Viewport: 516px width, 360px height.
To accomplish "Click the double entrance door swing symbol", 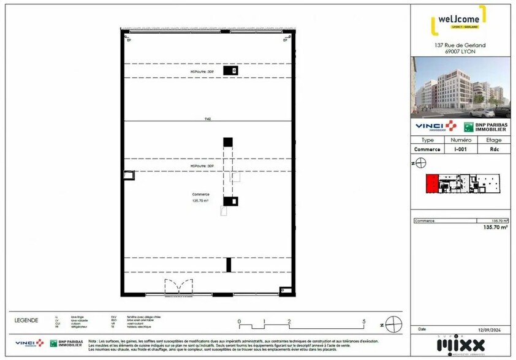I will tap(178, 287).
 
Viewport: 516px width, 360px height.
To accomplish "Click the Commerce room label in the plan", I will tap(200, 195).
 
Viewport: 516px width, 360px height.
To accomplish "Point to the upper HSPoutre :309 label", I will tap(202, 72).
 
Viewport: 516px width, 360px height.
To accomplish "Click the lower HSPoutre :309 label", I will tap(202, 166).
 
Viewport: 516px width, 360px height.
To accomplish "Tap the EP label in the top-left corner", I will tap(129, 40).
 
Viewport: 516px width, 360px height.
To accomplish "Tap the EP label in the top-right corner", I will tap(285, 40).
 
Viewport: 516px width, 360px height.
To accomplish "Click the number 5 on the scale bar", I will tap(364, 320).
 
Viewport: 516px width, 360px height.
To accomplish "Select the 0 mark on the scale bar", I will tap(240, 320).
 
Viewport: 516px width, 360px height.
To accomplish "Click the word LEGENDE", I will tap(26, 320).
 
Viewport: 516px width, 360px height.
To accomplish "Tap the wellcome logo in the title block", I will tap(460, 20).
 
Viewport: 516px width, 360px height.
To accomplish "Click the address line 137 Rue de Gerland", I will tap(460, 45).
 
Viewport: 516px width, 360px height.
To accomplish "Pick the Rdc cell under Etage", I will tap(493, 149).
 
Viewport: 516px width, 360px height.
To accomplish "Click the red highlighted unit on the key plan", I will tap(433, 184).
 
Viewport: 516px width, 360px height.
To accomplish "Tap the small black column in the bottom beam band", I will tap(229, 264).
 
